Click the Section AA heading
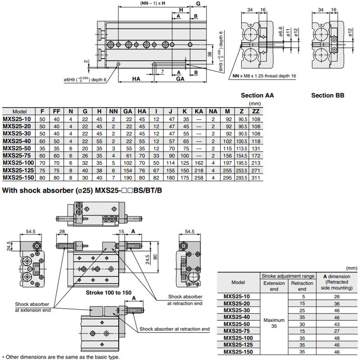[x=257, y=95]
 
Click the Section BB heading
[x=328, y=95]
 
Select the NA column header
[x=213, y=111]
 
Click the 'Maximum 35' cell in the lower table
[x=274, y=323]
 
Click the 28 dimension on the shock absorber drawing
[x=62, y=231]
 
